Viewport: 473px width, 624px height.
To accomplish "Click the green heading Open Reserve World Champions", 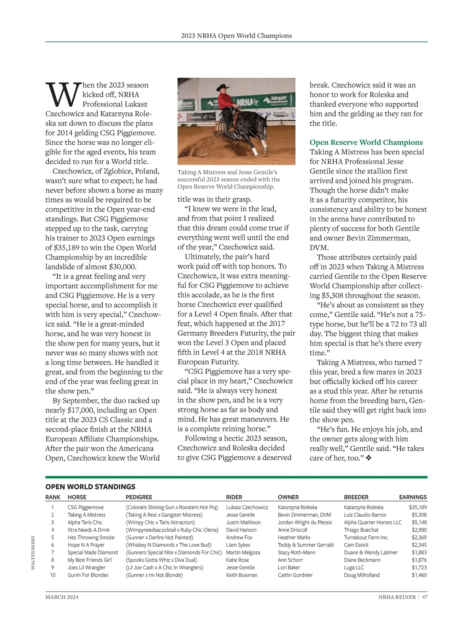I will pyautogui.click(x=366, y=142).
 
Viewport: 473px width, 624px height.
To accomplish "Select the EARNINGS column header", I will pyautogui.click(x=413, y=497).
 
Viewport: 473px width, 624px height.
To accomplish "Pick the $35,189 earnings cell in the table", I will pyautogui.click(x=418, y=507).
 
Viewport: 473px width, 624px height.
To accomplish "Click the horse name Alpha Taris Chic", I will pyautogui.click(x=85, y=522).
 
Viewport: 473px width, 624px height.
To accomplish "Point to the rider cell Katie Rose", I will pyautogui.click(x=237, y=560).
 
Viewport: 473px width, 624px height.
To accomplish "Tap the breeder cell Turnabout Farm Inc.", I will pyautogui.click(x=366, y=537).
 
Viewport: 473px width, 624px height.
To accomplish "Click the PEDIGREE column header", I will pyautogui.click(x=139, y=497).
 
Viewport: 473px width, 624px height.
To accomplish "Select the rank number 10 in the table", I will pyautogui.click(x=53, y=575).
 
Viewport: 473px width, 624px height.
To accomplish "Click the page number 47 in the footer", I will pyautogui.click(x=425, y=597).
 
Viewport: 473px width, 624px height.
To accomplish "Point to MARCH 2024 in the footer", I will pyautogui.click(x=61, y=597).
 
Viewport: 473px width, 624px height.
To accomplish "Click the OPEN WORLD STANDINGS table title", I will pyautogui.click(x=90, y=487).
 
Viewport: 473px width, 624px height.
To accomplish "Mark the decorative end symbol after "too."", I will pyautogui.click(x=368, y=458).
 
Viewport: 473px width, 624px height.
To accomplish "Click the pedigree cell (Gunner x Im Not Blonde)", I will pyautogui.click(x=154, y=575).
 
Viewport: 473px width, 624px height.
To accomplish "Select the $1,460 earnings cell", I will pyautogui.click(x=419, y=575).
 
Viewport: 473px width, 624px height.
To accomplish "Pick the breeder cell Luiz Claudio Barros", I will pyautogui.click(x=365, y=515).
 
